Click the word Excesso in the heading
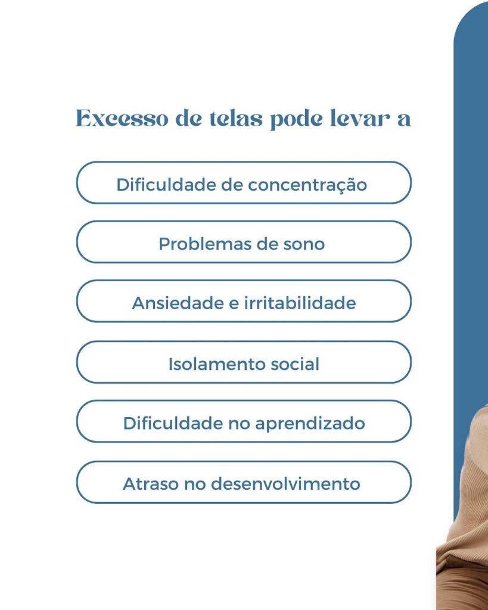click(x=122, y=119)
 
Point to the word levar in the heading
click(x=359, y=119)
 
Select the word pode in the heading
click(x=296, y=119)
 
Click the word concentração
click(x=307, y=185)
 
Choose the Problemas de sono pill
click(x=244, y=242)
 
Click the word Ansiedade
click(x=178, y=303)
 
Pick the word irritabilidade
click(x=300, y=303)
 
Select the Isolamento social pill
click(x=244, y=362)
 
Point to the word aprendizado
click(x=310, y=424)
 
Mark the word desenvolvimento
click(x=285, y=484)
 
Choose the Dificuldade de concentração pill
click(x=244, y=182)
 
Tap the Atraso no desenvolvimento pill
click(x=244, y=483)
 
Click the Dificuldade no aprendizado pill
click(x=244, y=421)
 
